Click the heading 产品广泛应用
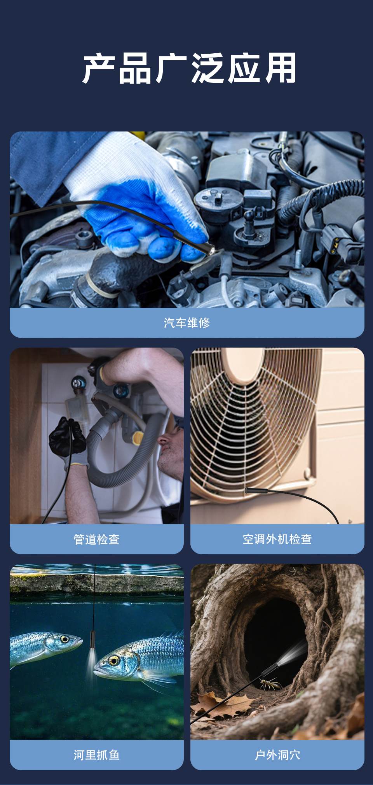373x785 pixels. coord(189,69)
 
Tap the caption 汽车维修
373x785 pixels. coord(186,322)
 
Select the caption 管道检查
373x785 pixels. coord(96,539)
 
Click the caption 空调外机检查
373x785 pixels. coord(277,539)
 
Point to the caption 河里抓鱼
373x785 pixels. coord(96,755)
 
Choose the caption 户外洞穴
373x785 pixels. coord(277,755)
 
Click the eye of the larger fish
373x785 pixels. coord(113,660)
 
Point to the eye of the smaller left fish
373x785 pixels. coord(64,639)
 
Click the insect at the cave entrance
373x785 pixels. coord(269,683)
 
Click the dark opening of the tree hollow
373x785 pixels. coord(272,630)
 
